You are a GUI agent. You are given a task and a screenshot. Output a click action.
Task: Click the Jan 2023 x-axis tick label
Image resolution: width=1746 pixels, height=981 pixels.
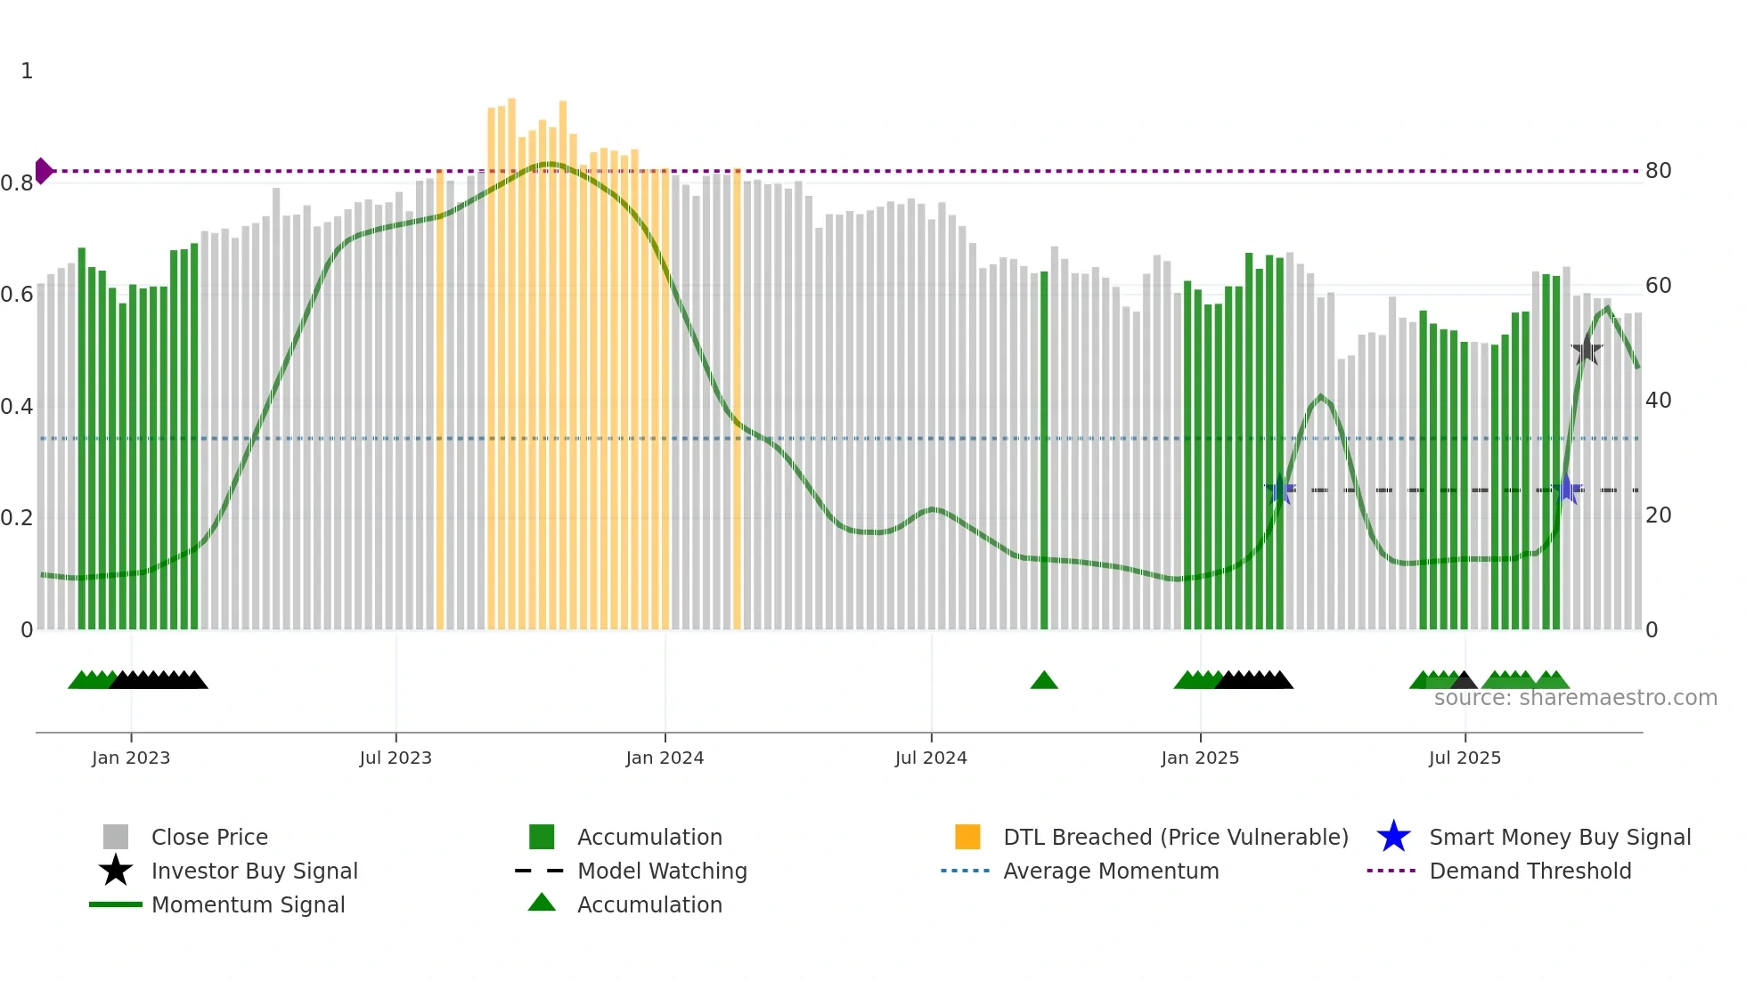(131, 758)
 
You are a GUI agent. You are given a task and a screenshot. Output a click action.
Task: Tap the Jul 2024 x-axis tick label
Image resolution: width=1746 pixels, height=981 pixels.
(931, 758)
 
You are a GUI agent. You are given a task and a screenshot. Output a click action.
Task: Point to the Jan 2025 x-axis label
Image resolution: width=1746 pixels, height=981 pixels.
(1200, 758)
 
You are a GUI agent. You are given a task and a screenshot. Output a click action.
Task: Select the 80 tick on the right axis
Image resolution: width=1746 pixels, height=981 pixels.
(1658, 171)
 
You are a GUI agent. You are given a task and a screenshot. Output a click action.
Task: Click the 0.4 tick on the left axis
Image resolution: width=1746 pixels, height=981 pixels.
(17, 407)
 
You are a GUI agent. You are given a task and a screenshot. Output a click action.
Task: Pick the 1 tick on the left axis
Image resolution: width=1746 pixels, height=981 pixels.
(27, 71)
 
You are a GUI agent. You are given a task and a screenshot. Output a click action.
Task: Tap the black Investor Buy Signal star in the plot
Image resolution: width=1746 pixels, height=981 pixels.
(1587, 350)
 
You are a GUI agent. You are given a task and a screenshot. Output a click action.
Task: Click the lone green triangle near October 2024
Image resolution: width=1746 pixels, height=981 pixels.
(1044, 681)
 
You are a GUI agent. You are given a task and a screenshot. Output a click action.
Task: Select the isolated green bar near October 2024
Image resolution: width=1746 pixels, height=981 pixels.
(1044, 450)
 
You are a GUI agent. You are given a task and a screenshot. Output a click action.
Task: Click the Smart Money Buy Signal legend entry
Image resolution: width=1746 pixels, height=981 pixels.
(1559, 837)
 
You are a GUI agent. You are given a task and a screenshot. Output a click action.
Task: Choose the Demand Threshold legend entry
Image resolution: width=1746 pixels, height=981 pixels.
(1530, 871)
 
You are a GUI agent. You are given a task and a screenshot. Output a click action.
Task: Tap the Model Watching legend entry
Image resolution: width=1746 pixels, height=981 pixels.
(661, 871)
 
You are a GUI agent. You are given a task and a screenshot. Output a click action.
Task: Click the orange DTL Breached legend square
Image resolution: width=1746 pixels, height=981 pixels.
(967, 837)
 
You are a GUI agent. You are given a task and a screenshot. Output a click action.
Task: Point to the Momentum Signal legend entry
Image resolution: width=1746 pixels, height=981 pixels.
(248, 904)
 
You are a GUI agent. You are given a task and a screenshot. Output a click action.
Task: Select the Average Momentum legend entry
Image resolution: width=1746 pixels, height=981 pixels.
(1110, 871)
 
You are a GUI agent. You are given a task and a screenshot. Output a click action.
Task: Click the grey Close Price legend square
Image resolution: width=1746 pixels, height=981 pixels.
(116, 837)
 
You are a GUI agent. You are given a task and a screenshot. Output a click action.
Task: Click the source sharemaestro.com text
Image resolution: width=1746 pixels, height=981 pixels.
(1575, 698)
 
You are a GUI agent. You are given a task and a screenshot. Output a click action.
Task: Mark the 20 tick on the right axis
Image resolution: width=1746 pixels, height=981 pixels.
(1658, 515)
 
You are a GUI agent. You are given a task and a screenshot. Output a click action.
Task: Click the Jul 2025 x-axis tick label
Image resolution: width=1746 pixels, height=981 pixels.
(1465, 758)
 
